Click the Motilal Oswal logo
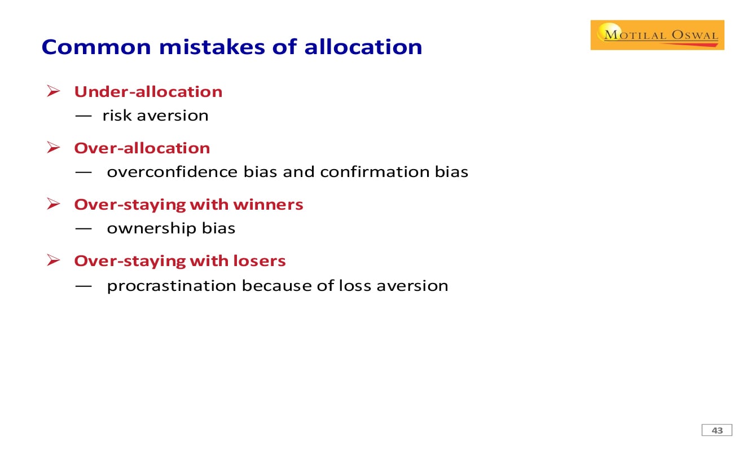click(x=657, y=35)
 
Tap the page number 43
click(x=717, y=431)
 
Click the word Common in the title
click(x=96, y=47)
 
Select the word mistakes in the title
click(x=212, y=47)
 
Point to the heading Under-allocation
click(x=148, y=92)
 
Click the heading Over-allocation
click(x=142, y=148)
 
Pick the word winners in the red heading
click(x=269, y=205)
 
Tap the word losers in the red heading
click(x=260, y=261)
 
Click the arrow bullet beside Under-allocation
click(x=54, y=91)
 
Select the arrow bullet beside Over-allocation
click(x=54, y=147)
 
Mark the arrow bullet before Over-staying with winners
click(x=54, y=204)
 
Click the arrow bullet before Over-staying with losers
click(x=54, y=260)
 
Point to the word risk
click(x=117, y=116)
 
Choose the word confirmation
click(x=374, y=172)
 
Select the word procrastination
click(x=172, y=286)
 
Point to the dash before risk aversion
click(x=83, y=116)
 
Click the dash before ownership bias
click(x=83, y=229)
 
